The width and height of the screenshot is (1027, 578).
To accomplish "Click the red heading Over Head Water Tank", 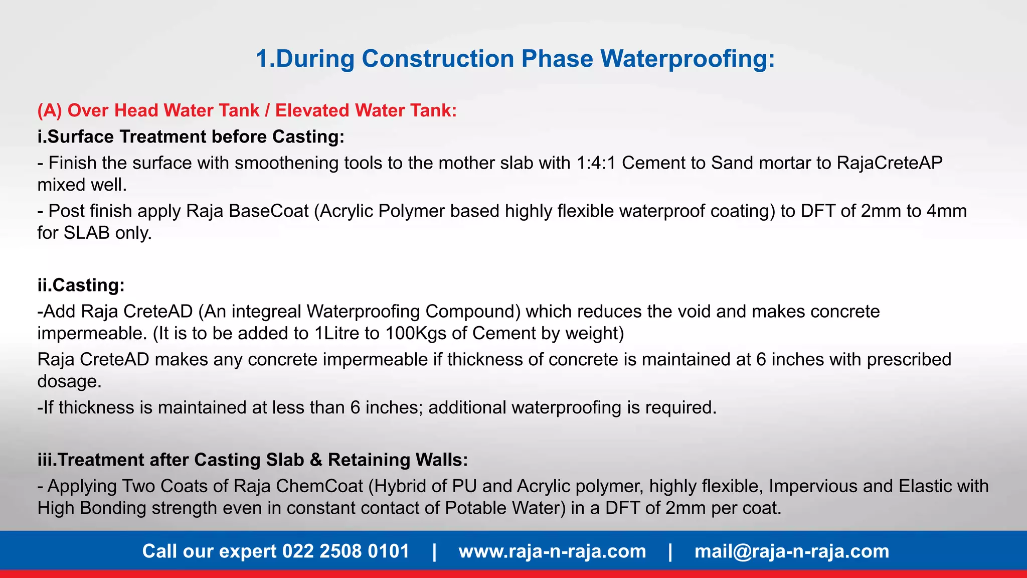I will pos(163,110).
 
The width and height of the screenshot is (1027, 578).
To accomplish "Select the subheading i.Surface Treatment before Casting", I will pos(191,136).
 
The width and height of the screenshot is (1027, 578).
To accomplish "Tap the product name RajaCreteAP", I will pos(890,163).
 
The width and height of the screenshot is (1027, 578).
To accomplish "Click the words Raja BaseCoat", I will pos(247,211).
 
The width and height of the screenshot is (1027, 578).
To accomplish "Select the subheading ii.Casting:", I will pos(81,285).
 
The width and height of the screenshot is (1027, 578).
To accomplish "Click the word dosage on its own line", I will pos(69,382).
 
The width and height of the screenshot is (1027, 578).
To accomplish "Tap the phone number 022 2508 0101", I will pos(346,551).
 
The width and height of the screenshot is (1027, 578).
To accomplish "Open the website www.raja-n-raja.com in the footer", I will pos(552,551).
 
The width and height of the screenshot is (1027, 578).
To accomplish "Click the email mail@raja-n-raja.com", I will pos(791,551).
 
